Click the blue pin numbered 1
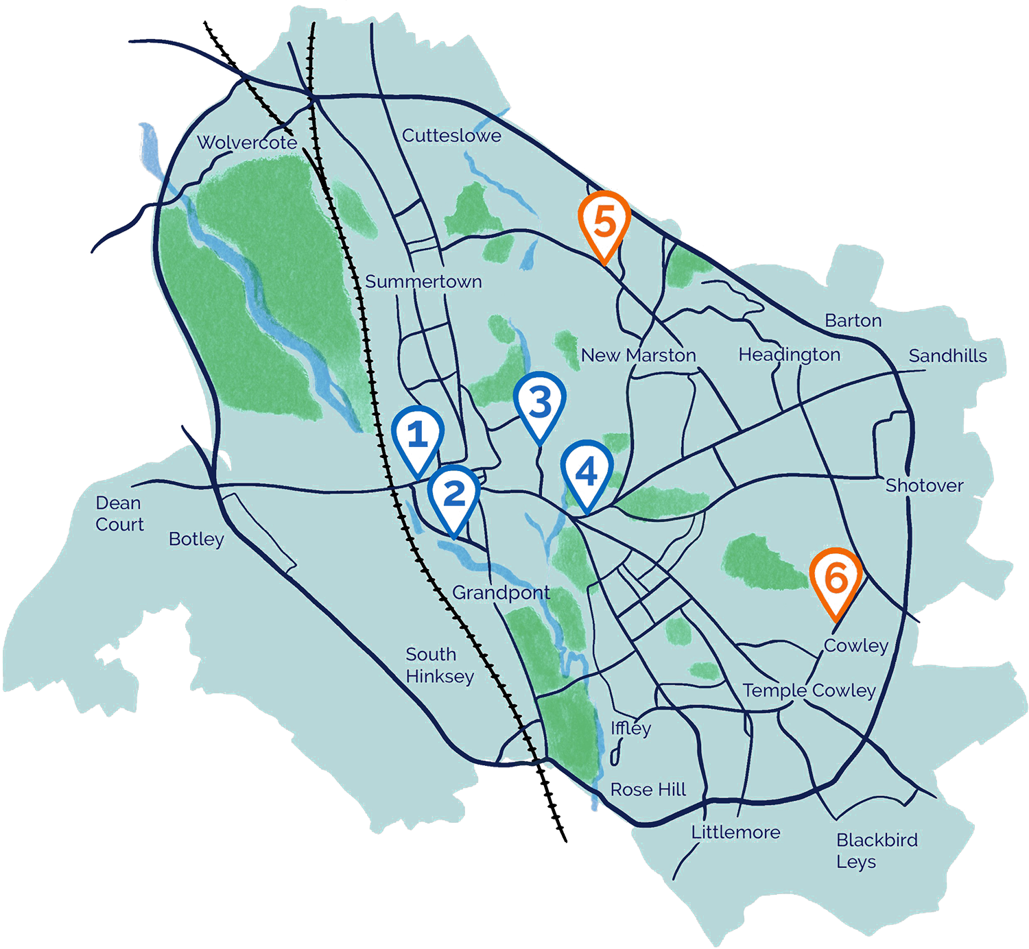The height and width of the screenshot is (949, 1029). pyautogui.click(x=418, y=436)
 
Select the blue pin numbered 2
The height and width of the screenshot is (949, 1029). pyautogui.click(x=453, y=495)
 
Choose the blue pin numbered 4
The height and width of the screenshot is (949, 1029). pyautogui.click(x=587, y=472)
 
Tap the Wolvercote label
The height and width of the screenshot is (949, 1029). pyautogui.click(x=247, y=143)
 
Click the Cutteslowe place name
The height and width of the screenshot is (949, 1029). pyautogui.click(x=451, y=136)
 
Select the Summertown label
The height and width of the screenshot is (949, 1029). pyautogui.click(x=423, y=282)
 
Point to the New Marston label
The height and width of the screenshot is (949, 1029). pyautogui.click(x=638, y=355)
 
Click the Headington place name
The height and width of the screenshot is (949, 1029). pyautogui.click(x=789, y=355)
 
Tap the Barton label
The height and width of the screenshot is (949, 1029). pyautogui.click(x=853, y=320)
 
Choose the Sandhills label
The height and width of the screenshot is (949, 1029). pyautogui.click(x=947, y=356)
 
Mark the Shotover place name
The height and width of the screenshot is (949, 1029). pyautogui.click(x=924, y=485)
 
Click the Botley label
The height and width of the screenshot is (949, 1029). pyautogui.click(x=196, y=539)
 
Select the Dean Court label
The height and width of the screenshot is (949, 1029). pyautogui.click(x=119, y=514)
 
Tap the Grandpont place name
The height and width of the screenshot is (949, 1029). pyautogui.click(x=501, y=592)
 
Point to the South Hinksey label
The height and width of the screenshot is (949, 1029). pyautogui.click(x=439, y=665)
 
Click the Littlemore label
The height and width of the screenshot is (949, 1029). pyautogui.click(x=735, y=832)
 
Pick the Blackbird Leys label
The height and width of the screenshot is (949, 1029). pyautogui.click(x=876, y=850)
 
